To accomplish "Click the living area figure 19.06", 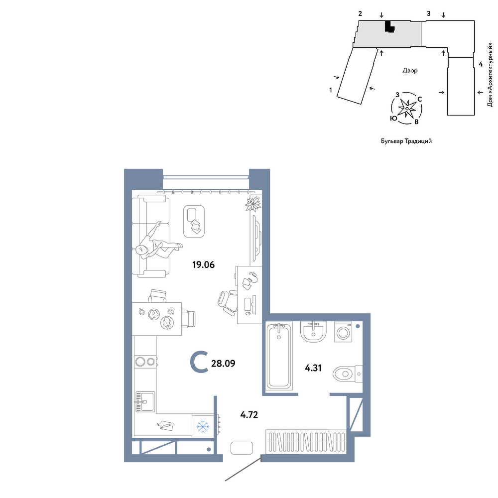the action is tap(204, 264).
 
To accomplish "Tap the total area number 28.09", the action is tap(223, 364).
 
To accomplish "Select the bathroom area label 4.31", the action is tap(313, 368).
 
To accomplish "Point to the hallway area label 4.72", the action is tap(249, 414).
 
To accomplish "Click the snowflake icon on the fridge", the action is tap(202, 427).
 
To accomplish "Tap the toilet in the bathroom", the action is tap(348, 374).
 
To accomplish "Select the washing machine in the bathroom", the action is tap(343, 332).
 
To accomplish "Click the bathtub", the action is tap(279, 356).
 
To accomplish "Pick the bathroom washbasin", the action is tap(313, 332).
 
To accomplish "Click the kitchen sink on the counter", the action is tap(145, 402).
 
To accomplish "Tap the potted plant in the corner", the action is tap(253, 204).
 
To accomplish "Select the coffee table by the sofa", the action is tap(194, 221).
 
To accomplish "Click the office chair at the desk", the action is tap(228, 303).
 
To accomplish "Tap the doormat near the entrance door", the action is tap(242, 448).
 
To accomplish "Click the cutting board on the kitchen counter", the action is tap(166, 425).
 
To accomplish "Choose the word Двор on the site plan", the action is tap(410, 71).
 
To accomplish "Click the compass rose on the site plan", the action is tap(406, 109).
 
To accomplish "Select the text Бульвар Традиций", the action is tap(406, 141).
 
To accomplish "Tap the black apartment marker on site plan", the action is tap(389, 26).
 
